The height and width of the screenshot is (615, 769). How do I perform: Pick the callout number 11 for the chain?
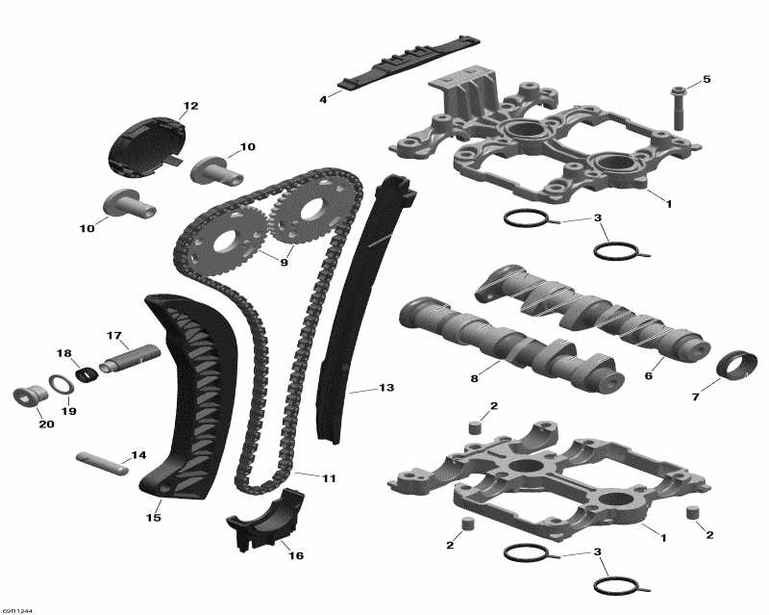pos(303,477)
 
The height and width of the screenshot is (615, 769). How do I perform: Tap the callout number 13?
pos(385,388)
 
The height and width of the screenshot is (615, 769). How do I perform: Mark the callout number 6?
pos(647,376)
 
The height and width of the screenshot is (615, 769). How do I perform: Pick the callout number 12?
pos(189,105)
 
